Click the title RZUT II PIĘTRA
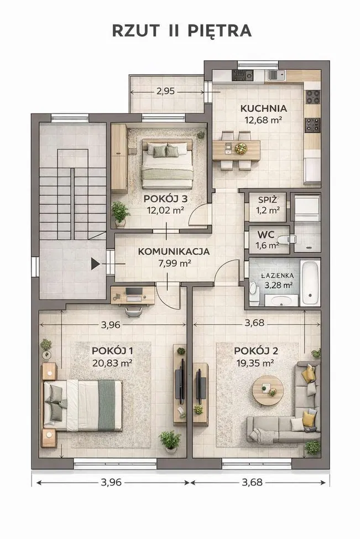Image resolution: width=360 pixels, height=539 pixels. coord(182,31)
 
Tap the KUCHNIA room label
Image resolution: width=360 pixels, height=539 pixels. coord(263,108)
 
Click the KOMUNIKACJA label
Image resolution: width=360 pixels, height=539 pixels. coord(174,251)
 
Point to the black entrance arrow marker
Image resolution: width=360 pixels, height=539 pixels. coord(95,264)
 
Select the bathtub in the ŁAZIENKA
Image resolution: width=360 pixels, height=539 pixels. coord(310,283)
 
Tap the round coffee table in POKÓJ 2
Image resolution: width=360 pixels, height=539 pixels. coord(268,390)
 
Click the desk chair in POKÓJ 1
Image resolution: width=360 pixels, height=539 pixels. coord(134,311)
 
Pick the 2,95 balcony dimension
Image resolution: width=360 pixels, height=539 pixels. coord(165,91)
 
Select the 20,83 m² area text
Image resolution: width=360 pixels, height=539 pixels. coord(112,363)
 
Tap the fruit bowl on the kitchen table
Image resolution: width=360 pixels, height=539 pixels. coord(241,148)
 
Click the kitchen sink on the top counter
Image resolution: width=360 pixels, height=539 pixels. coord(276,75)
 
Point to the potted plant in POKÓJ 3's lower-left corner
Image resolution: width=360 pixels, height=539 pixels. coord(120,214)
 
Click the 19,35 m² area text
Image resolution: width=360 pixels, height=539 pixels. coord(255,363)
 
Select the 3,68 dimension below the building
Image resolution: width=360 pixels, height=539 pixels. coord(252,483)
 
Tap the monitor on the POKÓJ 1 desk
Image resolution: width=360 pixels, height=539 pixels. coord(134,292)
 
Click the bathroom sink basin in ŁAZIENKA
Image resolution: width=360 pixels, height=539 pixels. coord(281,300)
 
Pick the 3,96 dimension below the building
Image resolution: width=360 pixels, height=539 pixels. coord(111,483)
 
